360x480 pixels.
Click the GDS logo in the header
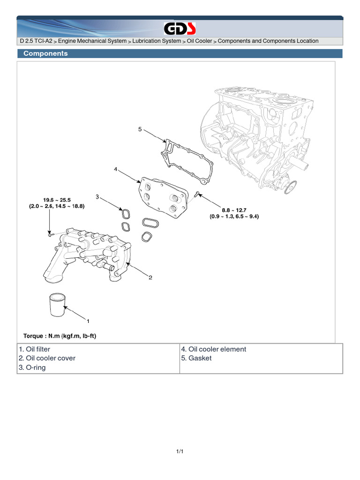[180, 29]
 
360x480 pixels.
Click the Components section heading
[45, 53]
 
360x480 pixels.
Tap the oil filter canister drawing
[57, 306]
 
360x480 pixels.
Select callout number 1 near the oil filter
[87, 322]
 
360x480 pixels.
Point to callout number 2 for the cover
[150, 278]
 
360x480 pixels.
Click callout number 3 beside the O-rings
[97, 196]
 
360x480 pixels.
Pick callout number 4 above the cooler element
[115, 169]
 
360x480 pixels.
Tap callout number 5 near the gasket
[140, 129]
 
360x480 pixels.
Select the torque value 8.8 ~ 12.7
[234, 210]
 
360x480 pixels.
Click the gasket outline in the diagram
[187, 159]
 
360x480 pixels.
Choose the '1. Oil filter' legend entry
[35, 349]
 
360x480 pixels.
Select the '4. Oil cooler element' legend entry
[213, 349]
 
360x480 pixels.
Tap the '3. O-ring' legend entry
[32, 367]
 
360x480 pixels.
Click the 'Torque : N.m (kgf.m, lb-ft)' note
[60, 336]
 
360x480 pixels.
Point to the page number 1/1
[180, 451]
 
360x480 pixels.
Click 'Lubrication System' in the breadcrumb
[157, 41]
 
